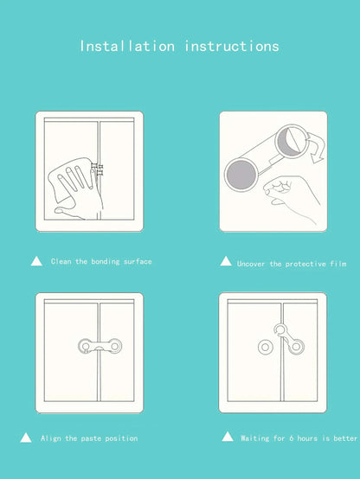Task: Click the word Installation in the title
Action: click(x=127, y=46)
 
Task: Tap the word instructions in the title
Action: click(x=232, y=46)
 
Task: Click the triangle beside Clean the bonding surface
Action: click(x=36, y=260)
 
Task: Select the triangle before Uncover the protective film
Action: click(x=226, y=261)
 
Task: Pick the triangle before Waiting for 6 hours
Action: click(x=228, y=437)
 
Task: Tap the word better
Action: click(x=344, y=438)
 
